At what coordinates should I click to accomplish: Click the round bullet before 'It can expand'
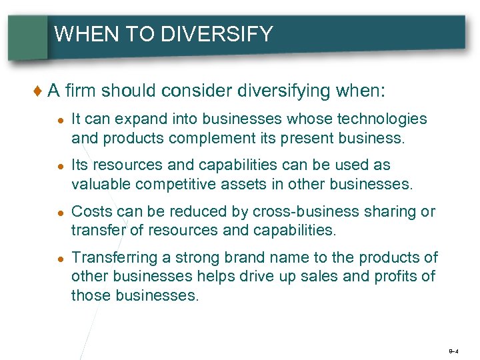[x=60, y=119]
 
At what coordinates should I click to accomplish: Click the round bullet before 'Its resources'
[x=60, y=166]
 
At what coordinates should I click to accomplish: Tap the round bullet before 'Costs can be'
[x=60, y=213]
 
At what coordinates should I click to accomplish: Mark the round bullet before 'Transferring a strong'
[x=60, y=259]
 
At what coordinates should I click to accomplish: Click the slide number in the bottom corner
[x=453, y=349]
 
